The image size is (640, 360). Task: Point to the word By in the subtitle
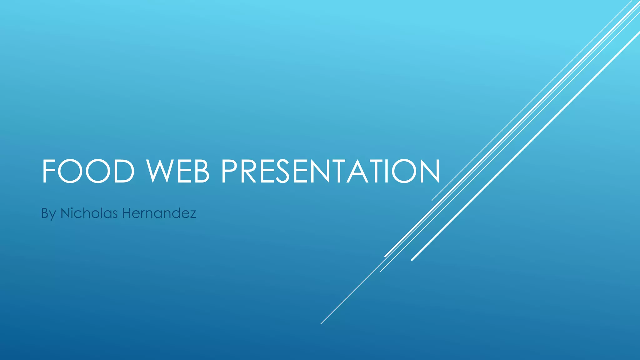pyautogui.click(x=48, y=214)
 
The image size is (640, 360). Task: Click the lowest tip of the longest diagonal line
pyautogui.click(x=321, y=324)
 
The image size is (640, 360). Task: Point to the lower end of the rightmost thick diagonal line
pyautogui.click(x=412, y=260)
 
